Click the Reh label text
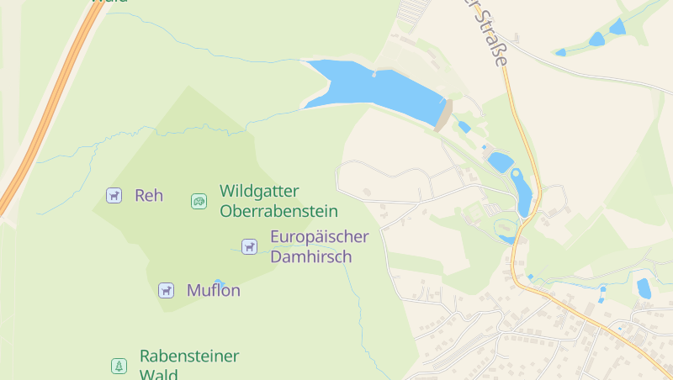(149, 196)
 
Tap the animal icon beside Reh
(114, 195)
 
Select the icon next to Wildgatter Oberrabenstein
(199, 201)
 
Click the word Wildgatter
(259, 191)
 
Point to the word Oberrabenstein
(278, 211)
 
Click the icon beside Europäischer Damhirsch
(249, 246)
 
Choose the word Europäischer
(320, 236)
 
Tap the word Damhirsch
(310, 257)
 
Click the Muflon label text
(214, 291)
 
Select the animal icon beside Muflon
(166, 290)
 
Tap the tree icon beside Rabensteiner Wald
(119, 366)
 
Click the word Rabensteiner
(189, 356)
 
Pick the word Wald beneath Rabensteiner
(158, 374)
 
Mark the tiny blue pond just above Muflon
(219, 282)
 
